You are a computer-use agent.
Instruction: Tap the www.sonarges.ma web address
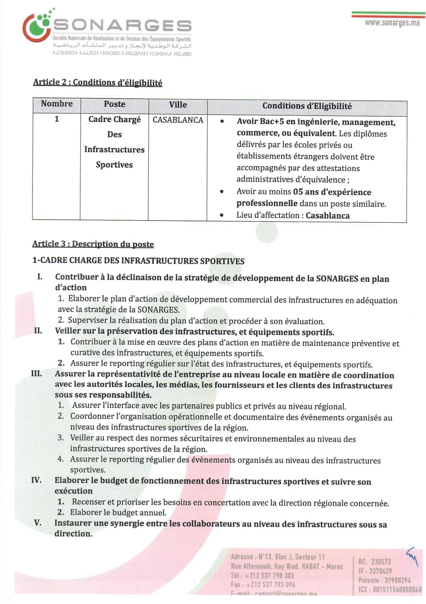392,23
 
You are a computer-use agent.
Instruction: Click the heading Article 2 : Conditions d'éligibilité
98,83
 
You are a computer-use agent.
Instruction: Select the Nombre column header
57,104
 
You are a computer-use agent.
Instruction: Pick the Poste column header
114,104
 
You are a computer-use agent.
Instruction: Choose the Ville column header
178,105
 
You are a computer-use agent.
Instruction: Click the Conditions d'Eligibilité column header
307,106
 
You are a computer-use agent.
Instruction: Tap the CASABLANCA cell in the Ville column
178,120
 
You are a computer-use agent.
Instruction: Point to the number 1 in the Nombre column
57,119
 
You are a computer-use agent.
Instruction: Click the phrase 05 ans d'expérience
332,192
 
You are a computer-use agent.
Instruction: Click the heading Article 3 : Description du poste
93,244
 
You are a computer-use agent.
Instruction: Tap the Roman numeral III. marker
37,374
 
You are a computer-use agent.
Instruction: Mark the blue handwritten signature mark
412,556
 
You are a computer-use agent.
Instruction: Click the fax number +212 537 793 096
270,585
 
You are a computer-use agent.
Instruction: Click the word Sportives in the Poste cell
114,165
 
